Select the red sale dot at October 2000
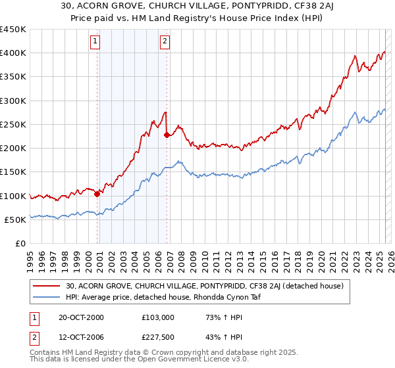97,194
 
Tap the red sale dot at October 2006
167,135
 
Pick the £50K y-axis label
16,219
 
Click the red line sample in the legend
46,286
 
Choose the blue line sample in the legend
46,297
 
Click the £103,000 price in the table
156,317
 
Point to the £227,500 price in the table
156,338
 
